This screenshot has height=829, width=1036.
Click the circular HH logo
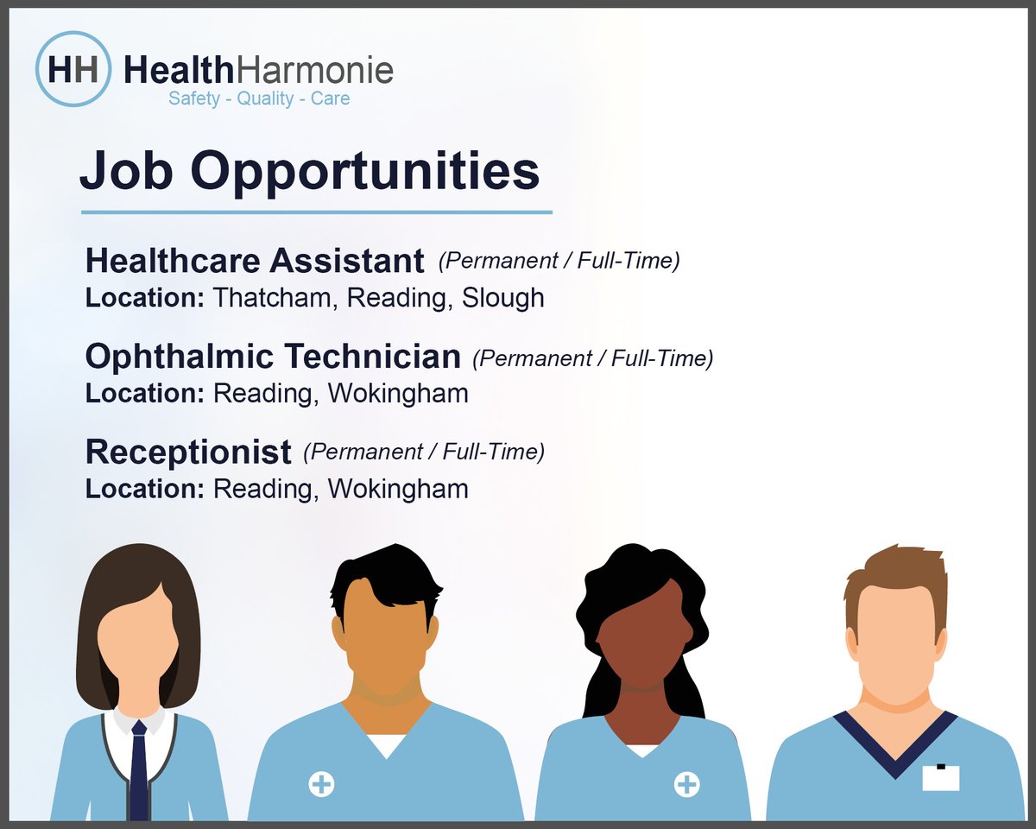(73, 68)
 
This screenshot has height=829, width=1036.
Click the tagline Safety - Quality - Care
(259, 98)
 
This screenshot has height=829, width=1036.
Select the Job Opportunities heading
(309, 172)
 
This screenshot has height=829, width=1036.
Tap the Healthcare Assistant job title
(255, 260)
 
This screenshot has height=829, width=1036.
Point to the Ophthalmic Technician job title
(273, 356)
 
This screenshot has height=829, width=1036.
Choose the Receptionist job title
(188, 451)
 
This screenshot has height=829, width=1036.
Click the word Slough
(502, 298)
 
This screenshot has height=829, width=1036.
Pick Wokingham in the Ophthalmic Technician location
(398, 394)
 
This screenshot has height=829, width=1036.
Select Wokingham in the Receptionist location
(398, 489)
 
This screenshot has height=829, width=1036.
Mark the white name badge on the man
(940, 777)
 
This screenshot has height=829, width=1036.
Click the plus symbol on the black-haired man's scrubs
(321, 784)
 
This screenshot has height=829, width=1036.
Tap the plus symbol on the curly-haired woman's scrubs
(687, 784)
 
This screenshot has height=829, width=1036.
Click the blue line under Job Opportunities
(316, 212)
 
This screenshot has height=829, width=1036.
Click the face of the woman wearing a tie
(138, 639)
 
